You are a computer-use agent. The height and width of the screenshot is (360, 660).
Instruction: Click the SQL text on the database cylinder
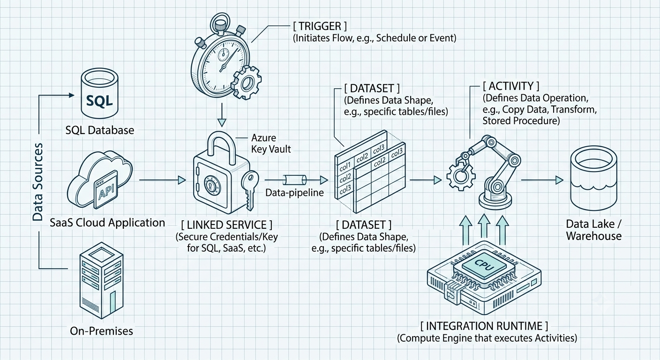(99, 101)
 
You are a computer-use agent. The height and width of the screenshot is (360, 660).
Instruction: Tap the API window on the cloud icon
(105, 190)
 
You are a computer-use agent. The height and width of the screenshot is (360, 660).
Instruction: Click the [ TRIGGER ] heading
(320, 26)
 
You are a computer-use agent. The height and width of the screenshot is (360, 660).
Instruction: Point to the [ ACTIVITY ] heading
(511, 86)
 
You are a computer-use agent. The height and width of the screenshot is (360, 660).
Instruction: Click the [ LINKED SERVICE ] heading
(226, 225)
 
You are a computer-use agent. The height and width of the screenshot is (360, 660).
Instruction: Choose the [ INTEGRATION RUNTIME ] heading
(484, 326)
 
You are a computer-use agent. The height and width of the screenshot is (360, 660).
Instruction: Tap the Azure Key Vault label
(271, 143)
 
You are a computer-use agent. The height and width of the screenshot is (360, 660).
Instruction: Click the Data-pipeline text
(294, 193)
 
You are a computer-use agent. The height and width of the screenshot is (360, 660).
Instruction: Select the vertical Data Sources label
(37, 182)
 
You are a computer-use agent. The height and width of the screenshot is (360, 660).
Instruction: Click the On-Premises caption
(101, 331)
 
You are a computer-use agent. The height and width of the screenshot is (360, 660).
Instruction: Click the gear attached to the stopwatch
(246, 83)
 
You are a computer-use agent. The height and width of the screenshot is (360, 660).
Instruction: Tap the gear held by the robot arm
(461, 176)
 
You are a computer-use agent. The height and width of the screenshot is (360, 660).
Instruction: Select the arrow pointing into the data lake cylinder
(542, 180)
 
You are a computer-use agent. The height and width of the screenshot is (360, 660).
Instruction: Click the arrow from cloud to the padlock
(162, 180)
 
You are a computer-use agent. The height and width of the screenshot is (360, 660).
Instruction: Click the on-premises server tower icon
(101, 280)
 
